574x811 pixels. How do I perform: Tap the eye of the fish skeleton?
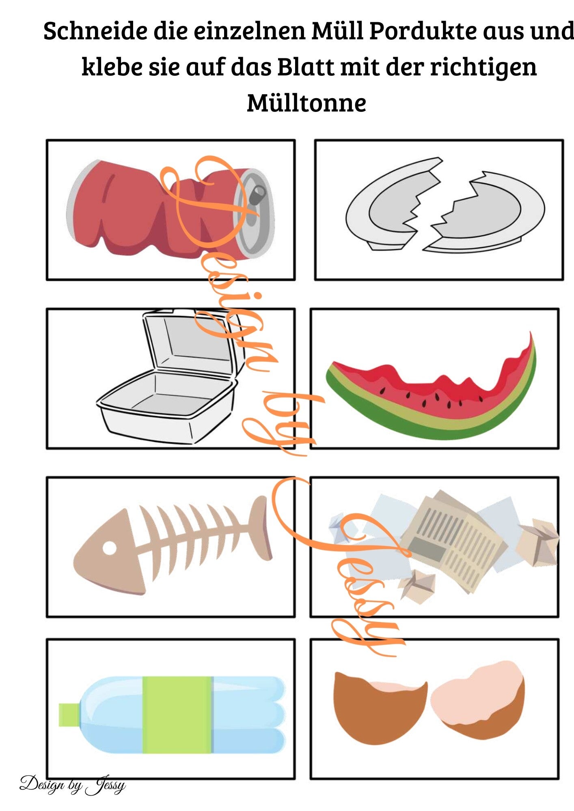pyautogui.click(x=109, y=547)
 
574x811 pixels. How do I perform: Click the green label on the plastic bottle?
pyautogui.click(x=177, y=714)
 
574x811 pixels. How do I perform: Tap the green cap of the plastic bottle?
pyautogui.click(x=69, y=715)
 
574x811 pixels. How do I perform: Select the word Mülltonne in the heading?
pyautogui.click(x=306, y=103)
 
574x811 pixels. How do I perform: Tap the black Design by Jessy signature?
pyautogui.click(x=73, y=785)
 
